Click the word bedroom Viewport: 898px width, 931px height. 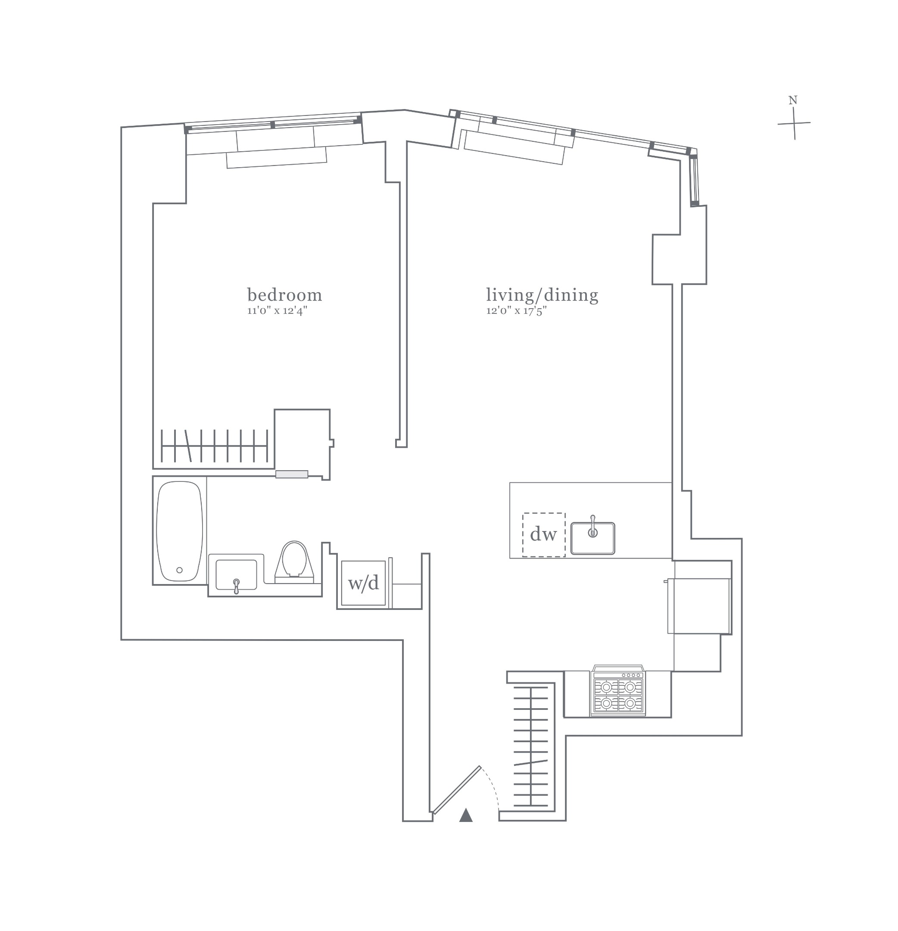tap(284, 295)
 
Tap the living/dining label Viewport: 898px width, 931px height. tap(542, 295)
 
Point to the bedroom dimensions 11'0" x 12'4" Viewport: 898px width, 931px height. tap(278, 311)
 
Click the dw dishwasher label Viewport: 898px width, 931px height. tap(543, 534)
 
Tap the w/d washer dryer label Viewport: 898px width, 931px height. tap(363, 583)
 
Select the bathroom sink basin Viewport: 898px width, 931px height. tap(236, 573)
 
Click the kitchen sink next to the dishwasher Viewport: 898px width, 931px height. tap(592, 538)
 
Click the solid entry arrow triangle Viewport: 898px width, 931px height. tap(466, 815)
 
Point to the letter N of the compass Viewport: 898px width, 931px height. tap(792, 100)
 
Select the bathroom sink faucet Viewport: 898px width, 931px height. tap(236, 586)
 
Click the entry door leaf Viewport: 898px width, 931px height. tap(457, 789)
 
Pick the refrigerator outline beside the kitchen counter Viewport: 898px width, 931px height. tap(698, 606)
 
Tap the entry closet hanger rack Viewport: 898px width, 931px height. tap(531, 746)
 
